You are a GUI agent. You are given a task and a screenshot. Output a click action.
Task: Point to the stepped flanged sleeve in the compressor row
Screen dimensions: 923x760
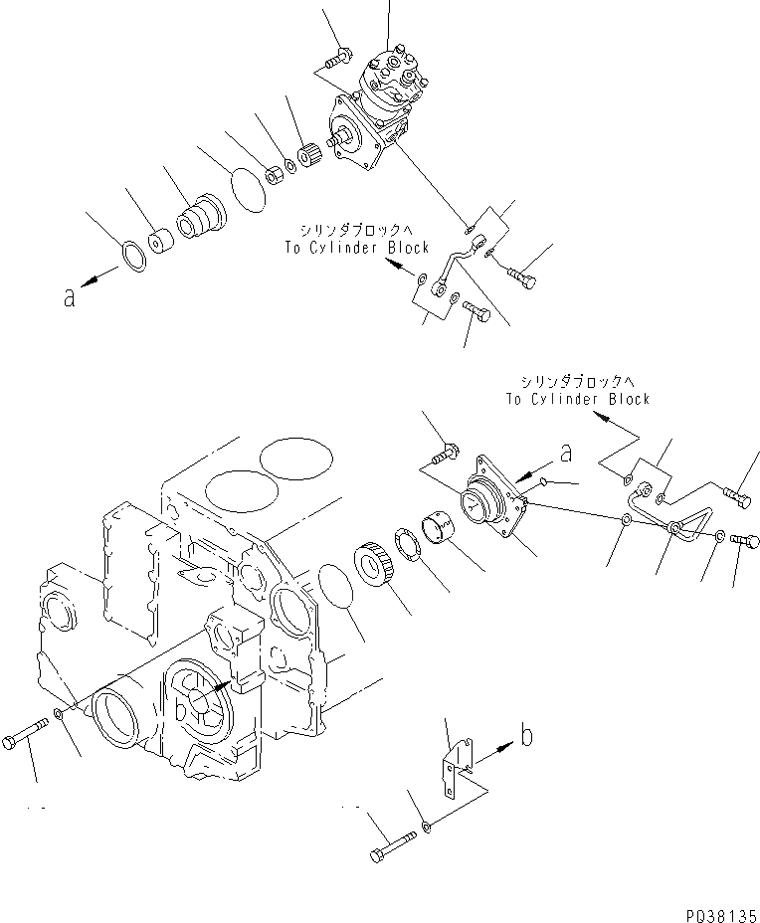(199, 217)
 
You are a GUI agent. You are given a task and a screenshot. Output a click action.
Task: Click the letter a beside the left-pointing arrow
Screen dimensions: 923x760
(68, 295)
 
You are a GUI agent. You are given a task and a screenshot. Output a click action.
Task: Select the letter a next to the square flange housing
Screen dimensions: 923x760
(565, 454)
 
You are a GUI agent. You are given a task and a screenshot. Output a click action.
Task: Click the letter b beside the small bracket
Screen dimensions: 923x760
(526, 737)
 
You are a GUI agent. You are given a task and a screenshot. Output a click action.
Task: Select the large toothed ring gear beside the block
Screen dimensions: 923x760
(376, 568)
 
